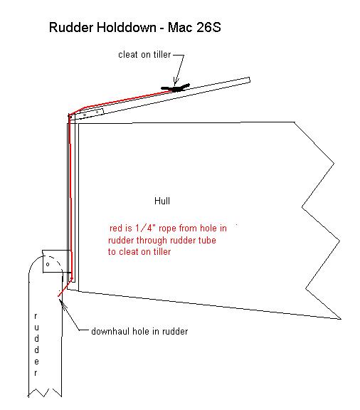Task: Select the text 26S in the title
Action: click(x=208, y=27)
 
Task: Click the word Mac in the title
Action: click(x=181, y=27)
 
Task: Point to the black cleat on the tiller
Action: click(x=176, y=88)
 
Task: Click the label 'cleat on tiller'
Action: click(x=144, y=55)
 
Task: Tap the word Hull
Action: click(x=162, y=201)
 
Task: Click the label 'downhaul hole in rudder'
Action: click(x=139, y=331)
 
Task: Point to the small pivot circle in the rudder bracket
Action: click(x=48, y=264)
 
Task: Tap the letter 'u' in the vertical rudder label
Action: click(x=36, y=327)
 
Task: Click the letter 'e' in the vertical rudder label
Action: click(x=36, y=362)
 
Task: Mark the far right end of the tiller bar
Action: click(x=250, y=80)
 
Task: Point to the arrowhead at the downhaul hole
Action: click(x=62, y=303)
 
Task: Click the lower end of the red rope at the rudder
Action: click(x=58, y=296)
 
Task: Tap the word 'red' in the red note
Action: click(x=116, y=228)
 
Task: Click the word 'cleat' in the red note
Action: click(x=128, y=251)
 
